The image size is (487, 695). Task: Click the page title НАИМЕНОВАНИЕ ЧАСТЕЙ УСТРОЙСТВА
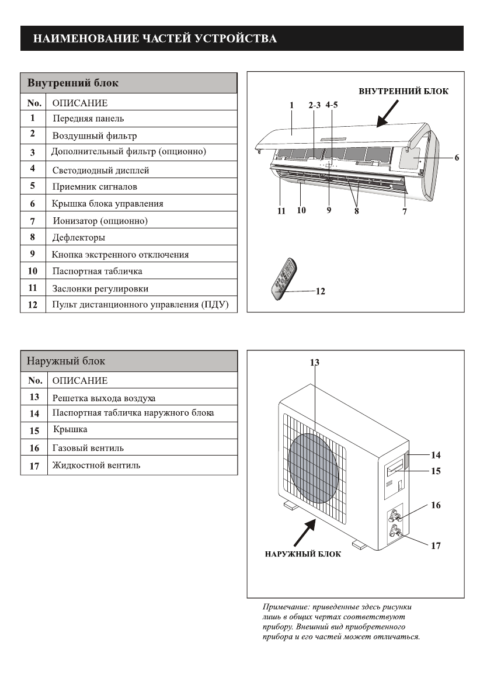tap(155, 39)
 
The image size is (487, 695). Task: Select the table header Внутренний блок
tap(73, 83)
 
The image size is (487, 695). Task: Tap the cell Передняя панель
tap(88, 119)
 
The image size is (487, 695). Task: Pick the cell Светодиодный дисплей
tap(100, 171)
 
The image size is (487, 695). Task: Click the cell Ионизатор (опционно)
tap(100, 221)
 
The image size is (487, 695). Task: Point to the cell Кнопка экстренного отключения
tap(120, 255)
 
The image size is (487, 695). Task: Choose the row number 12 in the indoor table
tap(33, 305)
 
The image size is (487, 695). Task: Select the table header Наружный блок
tap(66, 361)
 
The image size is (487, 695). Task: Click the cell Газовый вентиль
tap(88, 448)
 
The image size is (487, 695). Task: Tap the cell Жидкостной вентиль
tap(96, 465)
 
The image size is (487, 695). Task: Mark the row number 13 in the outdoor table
tap(34, 397)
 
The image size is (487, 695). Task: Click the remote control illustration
tap(284, 279)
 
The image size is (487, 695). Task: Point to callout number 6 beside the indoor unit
tap(457, 158)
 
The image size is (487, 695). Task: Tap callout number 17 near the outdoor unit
tap(436, 546)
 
